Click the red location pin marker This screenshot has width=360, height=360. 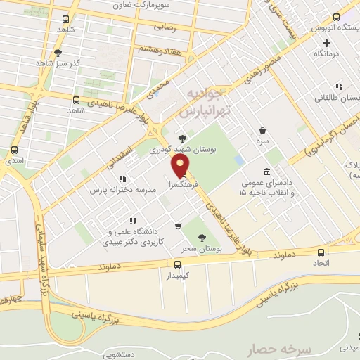(181, 165)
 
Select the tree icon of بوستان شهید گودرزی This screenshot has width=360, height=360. (183, 139)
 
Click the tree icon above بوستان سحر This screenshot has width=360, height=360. (202, 238)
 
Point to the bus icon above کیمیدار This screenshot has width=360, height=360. (176, 264)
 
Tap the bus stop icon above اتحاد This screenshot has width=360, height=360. (321, 252)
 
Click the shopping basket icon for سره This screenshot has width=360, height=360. (262, 131)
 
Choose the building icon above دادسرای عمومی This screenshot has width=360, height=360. (266, 172)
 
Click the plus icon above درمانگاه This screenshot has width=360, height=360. (326, 43)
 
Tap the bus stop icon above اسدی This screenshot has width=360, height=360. (15, 150)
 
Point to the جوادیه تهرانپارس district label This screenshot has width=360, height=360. (204, 102)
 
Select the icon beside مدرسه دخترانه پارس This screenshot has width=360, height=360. (121, 179)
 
